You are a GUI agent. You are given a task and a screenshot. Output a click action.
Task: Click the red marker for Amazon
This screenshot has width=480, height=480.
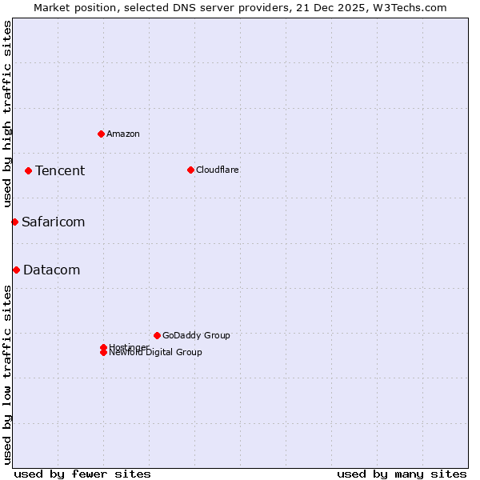pos(101,134)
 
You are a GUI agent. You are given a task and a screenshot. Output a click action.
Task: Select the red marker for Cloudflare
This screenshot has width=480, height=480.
pos(190,170)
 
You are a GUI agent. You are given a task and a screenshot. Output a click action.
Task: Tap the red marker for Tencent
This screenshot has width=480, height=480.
pos(28,170)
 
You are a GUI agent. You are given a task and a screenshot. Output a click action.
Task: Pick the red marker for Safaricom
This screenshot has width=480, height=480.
pos(14,222)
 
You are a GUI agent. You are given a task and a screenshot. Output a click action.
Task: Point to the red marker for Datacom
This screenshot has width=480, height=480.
pos(16,270)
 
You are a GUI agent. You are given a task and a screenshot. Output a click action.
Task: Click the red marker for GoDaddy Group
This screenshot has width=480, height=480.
pos(157,335)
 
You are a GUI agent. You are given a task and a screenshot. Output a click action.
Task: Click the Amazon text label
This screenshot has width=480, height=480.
pos(123,134)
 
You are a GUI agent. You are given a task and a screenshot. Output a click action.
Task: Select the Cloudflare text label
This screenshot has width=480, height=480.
pos(218,170)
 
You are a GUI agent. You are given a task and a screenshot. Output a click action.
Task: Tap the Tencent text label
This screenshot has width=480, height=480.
pos(60,170)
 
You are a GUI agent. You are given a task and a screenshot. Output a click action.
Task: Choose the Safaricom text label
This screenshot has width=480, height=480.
pos(54,222)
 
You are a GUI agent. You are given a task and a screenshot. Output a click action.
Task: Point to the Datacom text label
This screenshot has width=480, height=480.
pos(52,270)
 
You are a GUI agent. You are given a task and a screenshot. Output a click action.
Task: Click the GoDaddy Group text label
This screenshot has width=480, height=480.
pos(196,335)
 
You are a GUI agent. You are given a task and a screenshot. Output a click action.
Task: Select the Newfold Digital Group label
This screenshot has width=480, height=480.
pos(156,353)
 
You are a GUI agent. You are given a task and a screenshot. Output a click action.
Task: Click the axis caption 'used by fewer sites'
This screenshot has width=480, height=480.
pos(82,474)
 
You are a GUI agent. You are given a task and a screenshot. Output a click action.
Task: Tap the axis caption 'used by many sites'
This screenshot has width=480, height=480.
pos(402,474)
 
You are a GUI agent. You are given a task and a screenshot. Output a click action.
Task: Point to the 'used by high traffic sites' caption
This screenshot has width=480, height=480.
pos(7,114)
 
